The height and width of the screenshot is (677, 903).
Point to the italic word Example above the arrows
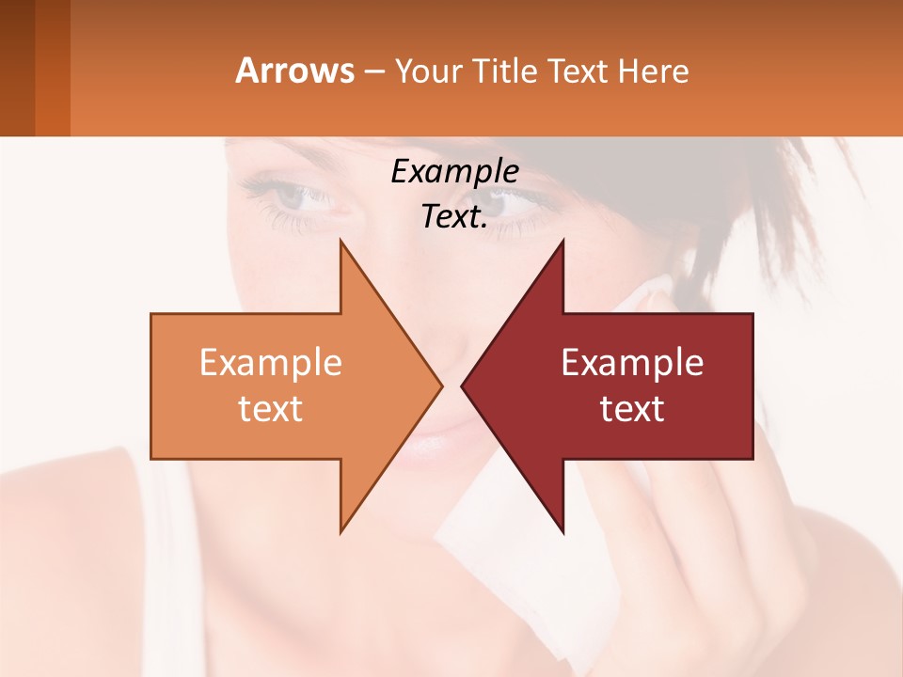click(455, 171)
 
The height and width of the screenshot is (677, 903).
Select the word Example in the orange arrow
click(271, 362)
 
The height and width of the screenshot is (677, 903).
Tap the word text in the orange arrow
click(271, 409)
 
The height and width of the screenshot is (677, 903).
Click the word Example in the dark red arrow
click(632, 362)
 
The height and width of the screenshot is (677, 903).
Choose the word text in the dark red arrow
click(632, 409)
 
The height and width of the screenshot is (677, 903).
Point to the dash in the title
click(372, 71)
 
